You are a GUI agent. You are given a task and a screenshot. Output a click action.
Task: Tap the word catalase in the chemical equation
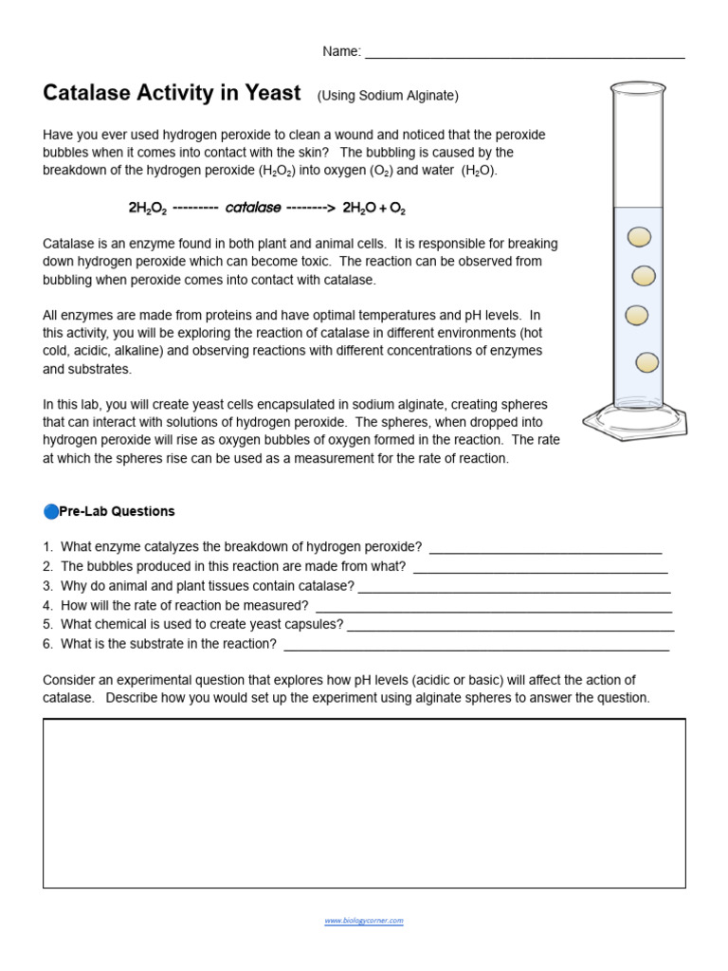click(x=254, y=207)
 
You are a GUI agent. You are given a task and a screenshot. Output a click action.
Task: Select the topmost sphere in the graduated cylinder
click(x=641, y=236)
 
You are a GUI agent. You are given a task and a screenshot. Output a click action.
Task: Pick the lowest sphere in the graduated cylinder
click(x=647, y=361)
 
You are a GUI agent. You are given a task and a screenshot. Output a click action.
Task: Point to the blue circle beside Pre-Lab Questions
click(x=50, y=511)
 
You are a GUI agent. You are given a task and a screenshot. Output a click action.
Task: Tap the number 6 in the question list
click(x=46, y=644)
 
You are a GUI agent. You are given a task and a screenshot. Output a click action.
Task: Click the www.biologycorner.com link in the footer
click(x=364, y=920)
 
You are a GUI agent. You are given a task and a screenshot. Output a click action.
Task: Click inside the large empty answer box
click(x=364, y=803)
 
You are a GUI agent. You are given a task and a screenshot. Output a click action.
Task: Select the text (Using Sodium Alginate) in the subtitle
click(x=388, y=96)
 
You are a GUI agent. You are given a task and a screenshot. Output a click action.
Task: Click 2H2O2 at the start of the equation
click(x=148, y=207)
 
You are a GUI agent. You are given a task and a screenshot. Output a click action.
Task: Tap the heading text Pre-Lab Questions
click(x=117, y=511)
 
